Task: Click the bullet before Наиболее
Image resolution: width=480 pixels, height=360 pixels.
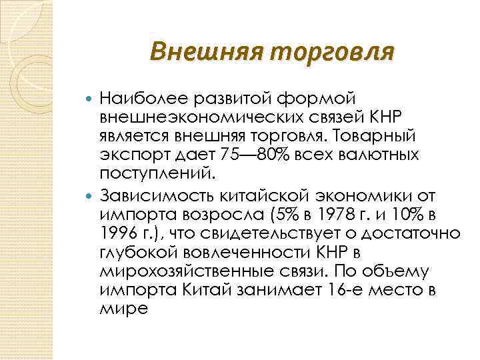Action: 91,100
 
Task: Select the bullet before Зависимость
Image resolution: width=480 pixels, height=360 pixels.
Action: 91,196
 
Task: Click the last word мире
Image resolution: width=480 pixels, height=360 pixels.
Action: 123,309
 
